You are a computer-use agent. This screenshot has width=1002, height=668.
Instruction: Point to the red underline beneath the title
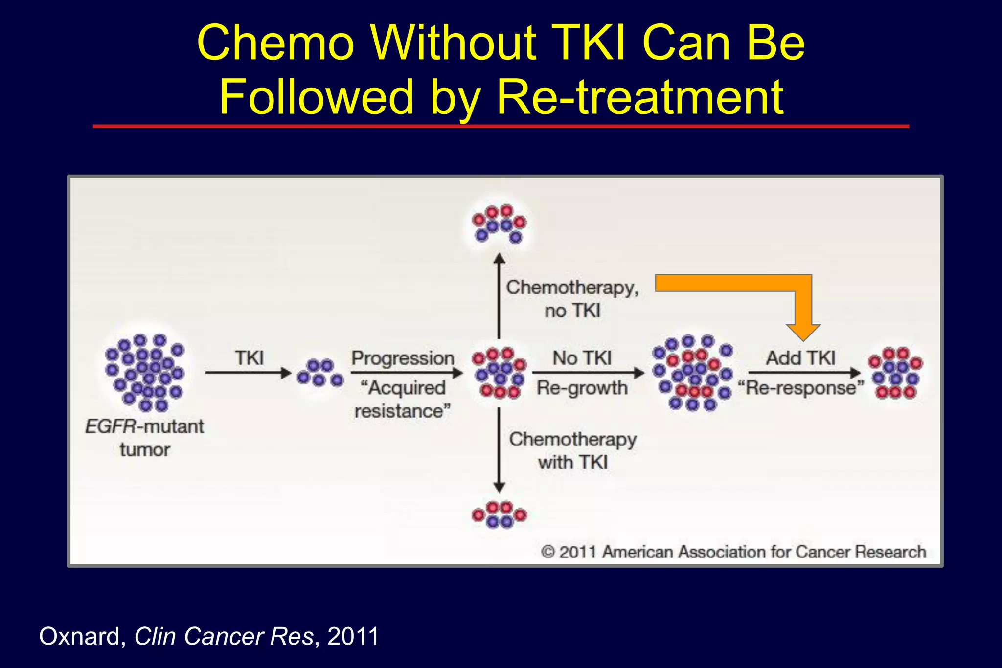point(501,126)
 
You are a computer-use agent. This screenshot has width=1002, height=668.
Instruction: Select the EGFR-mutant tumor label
point(145,438)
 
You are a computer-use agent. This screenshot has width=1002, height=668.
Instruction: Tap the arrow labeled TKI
point(249,373)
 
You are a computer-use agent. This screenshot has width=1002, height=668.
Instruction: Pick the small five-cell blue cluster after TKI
point(320,373)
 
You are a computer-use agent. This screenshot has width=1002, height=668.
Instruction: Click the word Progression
point(403,358)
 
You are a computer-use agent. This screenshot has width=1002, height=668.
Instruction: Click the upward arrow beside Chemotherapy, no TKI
point(499,296)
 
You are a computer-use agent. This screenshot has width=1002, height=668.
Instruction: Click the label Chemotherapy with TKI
point(573,450)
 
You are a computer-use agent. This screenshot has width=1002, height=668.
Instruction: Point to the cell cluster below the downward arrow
point(499,514)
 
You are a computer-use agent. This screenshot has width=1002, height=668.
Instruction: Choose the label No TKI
point(582,358)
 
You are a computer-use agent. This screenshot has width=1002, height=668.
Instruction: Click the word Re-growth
point(582,388)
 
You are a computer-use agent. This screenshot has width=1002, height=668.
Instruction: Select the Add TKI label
point(800,358)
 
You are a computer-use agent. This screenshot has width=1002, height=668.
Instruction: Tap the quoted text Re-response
point(801,388)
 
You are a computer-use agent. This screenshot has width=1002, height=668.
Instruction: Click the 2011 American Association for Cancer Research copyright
point(733,552)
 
